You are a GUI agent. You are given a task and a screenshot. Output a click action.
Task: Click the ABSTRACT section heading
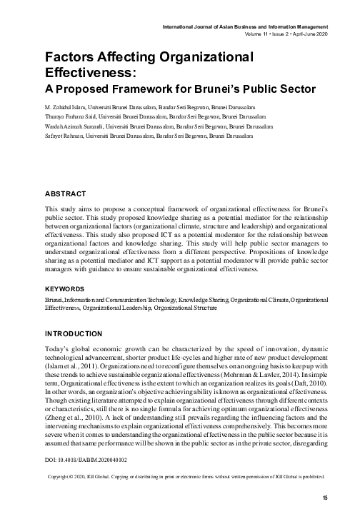tap(66, 193)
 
